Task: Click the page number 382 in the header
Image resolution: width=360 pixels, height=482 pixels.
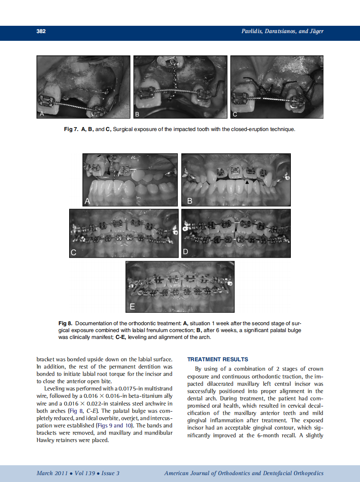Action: point(41,31)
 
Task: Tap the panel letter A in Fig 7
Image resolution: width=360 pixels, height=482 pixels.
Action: point(42,114)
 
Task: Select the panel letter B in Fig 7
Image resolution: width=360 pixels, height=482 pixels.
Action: point(137,114)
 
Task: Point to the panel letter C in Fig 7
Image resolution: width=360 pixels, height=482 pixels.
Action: point(235,114)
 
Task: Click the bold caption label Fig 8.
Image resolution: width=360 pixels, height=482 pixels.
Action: point(66,323)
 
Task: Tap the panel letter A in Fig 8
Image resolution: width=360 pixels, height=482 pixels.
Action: point(88,201)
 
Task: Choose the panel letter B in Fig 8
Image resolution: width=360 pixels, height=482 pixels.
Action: point(189,201)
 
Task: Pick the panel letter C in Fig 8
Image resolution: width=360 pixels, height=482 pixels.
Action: point(74,253)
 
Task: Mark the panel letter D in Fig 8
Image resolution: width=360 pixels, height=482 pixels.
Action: point(186,253)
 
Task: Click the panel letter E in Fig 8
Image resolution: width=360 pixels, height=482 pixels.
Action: point(132,307)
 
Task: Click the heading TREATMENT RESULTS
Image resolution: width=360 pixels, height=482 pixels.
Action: point(218,359)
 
